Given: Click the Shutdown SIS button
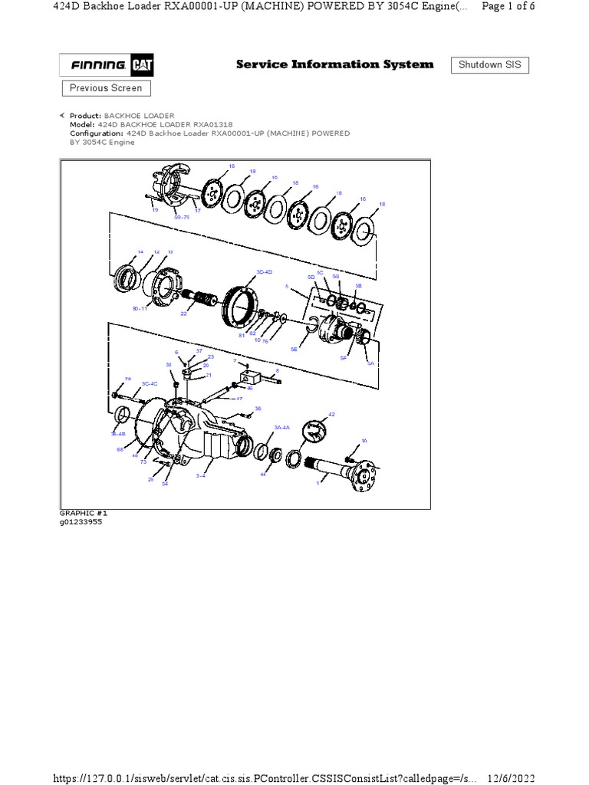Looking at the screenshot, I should (x=489, y=65).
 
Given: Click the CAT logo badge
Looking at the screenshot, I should (x=142, y=65).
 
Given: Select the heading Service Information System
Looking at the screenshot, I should (x=334, y=64).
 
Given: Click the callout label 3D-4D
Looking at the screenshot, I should (x=265, y=272).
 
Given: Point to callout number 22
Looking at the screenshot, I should (x=184, y=314).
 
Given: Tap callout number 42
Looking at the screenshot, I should (x=332, y=414).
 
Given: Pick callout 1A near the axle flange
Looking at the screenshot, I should (x=365, y=442).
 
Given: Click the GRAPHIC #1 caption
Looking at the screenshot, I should (x=77, y=512).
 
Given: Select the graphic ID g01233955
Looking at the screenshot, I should (x=81, y=521).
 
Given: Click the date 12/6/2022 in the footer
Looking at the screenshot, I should (x=510, y=777).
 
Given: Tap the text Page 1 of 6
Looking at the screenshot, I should (x=508, y=6).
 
